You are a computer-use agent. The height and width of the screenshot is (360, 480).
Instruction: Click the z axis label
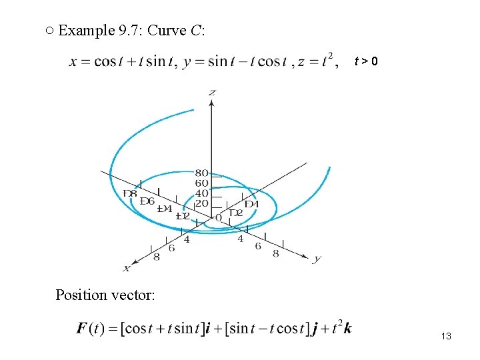point(212,92)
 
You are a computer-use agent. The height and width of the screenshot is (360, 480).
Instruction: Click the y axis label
point(317,259)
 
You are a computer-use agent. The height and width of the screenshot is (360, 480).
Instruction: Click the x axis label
point(126,268)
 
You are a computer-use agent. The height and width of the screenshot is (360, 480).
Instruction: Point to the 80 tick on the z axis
point(201,173)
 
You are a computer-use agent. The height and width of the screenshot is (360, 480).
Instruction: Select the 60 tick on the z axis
point(201,183)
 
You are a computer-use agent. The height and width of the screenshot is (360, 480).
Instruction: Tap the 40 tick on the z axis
point(201,193)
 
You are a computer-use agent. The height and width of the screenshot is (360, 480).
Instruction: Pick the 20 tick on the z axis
point(201,203)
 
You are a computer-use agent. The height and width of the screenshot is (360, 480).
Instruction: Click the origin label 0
point(218,218)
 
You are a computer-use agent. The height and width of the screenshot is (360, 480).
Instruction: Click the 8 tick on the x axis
point(156,256)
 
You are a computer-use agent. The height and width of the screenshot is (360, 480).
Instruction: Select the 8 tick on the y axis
point(275,253)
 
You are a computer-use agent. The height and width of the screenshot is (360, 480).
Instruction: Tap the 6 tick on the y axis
point(258,246)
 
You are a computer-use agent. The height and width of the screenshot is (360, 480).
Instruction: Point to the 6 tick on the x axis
point(171,248)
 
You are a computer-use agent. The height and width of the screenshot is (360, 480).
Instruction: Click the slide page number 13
point(446,337)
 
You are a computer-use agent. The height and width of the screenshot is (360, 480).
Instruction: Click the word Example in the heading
point(83,31)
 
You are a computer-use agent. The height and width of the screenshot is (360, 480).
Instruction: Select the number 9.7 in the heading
point(127,31)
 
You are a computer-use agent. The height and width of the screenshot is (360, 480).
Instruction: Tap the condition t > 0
point(367,62)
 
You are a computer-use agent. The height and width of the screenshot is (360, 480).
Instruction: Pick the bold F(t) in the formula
point(93,328)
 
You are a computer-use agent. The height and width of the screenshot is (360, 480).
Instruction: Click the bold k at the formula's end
point(347,328)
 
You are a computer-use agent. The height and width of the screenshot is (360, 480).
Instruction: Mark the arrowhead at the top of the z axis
point(212,101)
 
